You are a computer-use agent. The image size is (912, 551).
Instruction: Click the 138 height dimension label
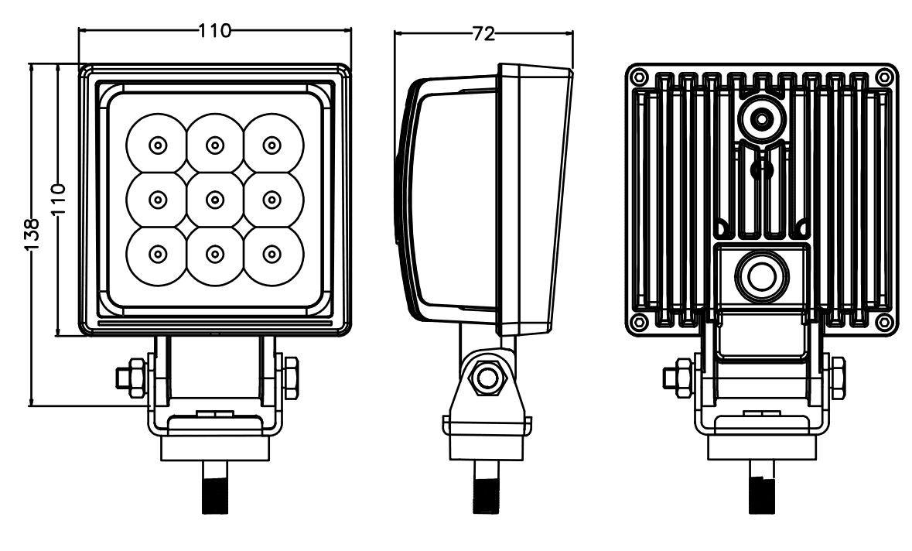click(31, 234)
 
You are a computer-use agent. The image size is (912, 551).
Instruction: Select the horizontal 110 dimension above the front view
click(214, 31)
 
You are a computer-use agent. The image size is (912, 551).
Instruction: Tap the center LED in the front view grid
click(213, 200)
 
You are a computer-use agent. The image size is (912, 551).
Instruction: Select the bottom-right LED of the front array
click(269, 254)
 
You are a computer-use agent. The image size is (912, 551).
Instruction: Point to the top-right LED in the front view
click(269, 145)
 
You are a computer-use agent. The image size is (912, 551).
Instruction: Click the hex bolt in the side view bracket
click(487, 377)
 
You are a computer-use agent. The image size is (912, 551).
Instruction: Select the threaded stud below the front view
click(214, 488)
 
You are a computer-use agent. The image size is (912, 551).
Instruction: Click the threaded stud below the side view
click(486, 488)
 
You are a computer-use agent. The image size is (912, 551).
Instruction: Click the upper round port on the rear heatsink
click(762, 119)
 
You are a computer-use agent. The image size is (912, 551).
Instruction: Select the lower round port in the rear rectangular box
click(760, 275)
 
